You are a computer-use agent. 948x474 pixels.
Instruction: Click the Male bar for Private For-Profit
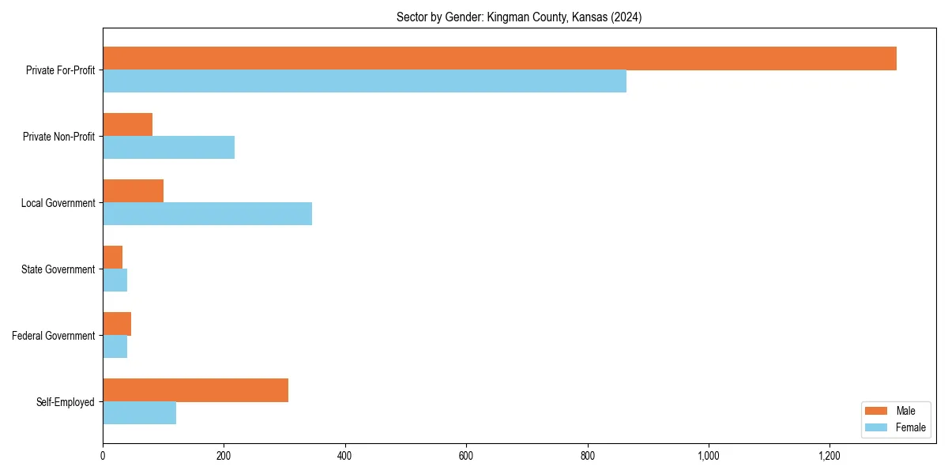tap(499, 58)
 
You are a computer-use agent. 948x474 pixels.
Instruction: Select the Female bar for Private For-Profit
tap(364, 81)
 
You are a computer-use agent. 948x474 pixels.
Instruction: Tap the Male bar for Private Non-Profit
tap(127, 125)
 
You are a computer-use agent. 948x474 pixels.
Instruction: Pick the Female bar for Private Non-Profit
tap(168, 148)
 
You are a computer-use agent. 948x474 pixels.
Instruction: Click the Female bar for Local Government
tap(207, 214)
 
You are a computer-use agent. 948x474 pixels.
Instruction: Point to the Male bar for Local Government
tap(133, 191)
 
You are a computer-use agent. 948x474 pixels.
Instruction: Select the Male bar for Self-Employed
tap(195, 390)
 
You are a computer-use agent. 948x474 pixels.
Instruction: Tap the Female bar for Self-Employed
tap(139, 413)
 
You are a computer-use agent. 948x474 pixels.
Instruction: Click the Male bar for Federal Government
tap(117, 324)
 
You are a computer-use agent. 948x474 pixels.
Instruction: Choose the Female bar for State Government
tap(115, 280)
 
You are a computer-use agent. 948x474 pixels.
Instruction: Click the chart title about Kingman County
tap(519, 17)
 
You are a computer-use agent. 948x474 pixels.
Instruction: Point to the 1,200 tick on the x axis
tap(829, 456)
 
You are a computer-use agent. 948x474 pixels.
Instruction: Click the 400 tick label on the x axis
tap(344, 456)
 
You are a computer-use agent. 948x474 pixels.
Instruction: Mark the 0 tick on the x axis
tap(103, 456)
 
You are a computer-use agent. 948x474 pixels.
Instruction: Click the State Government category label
tap(58, 269)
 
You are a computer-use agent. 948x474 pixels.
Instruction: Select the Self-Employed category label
tap(65, 402)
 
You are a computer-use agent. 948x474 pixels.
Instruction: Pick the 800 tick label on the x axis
tap(587, 456)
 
